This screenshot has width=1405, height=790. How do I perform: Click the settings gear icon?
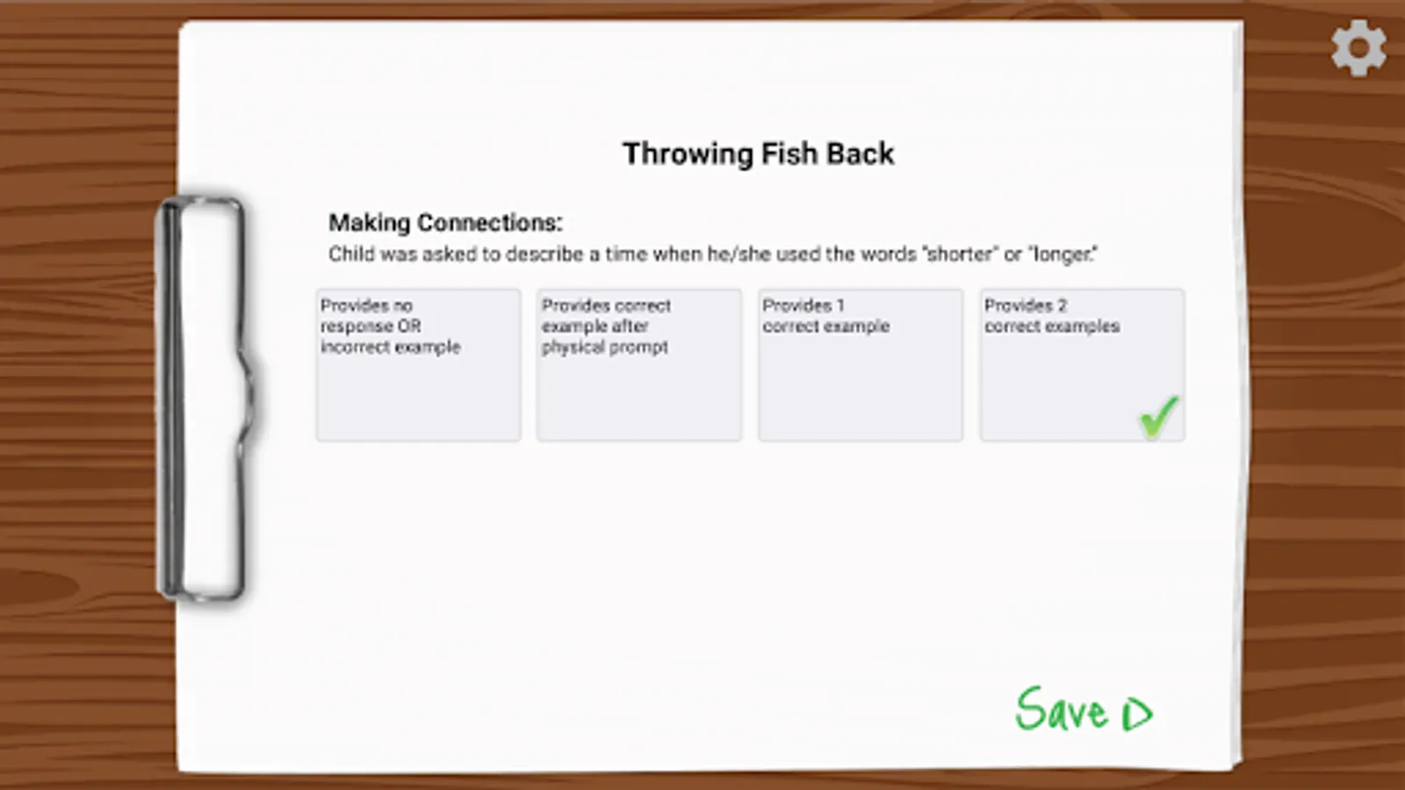(x=1358, y=48)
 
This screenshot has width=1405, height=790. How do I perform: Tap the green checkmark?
(x=1159, y=416)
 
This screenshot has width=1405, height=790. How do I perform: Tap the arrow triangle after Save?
(x=1137, y=715)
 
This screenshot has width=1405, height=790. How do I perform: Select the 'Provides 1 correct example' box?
(x=861, y=365)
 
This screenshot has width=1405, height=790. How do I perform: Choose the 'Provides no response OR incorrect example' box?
(x=418, y=365)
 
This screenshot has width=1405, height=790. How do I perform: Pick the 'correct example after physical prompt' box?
(x=639, y=365)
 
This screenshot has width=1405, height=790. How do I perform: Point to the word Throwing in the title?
(x=688, y=154)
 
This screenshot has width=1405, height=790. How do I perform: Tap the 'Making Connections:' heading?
(x=445, y=223)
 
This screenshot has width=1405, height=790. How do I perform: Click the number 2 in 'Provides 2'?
(x=1062, y=306)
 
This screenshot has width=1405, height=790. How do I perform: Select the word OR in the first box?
(x=409, y=327)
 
